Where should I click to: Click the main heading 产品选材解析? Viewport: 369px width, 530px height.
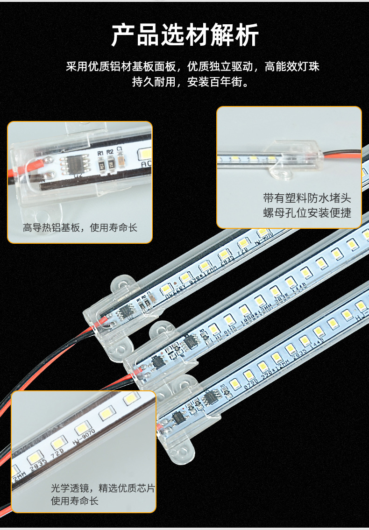[184, 35]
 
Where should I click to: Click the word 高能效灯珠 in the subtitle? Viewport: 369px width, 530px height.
[292, 66]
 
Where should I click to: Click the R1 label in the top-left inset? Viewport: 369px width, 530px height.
[99, 153]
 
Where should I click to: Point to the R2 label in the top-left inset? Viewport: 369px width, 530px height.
[110, 152]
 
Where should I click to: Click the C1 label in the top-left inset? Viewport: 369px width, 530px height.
[120, 149]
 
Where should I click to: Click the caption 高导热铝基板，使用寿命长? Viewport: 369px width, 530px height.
[80, 228]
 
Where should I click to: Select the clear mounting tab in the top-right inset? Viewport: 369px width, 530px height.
[280, 173]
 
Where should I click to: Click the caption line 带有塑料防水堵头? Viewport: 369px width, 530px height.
[307, 198]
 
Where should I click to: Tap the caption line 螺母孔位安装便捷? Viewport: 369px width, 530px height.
[307, 213]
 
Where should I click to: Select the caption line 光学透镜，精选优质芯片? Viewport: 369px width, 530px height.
[103, 488]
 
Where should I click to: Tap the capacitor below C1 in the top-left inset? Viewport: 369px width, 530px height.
[121, 161]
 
